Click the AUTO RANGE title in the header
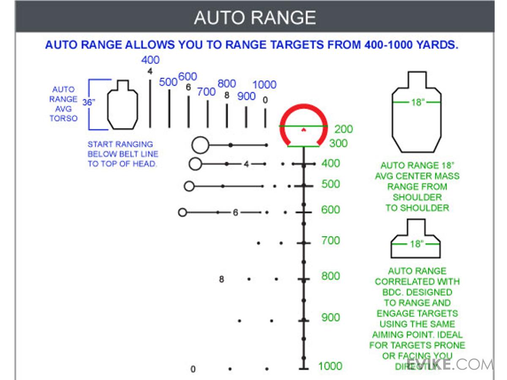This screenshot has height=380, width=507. [x=255, y=18]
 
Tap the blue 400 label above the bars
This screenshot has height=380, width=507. [x=150, y=60]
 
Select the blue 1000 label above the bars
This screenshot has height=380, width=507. [x=264, y=85]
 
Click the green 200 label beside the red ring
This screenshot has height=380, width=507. [x=343, y=129]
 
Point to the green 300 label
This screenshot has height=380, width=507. [x=338, y=143]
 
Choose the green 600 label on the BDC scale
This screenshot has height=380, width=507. [x=330, y=209]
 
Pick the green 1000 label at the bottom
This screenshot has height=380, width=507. [x=330, y=366]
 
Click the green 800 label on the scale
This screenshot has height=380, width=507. [x=330, y=276]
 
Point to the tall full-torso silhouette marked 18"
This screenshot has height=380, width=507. [x=417, y=114]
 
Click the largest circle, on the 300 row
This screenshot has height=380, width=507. [x=200, y=145]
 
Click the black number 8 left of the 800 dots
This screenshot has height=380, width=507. [x=221, y=279]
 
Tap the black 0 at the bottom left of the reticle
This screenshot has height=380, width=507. [x=193, y=369]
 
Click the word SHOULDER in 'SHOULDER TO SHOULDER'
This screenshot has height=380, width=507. [x=417, y=197]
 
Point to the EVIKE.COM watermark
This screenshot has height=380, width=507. [x=450, y=364]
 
